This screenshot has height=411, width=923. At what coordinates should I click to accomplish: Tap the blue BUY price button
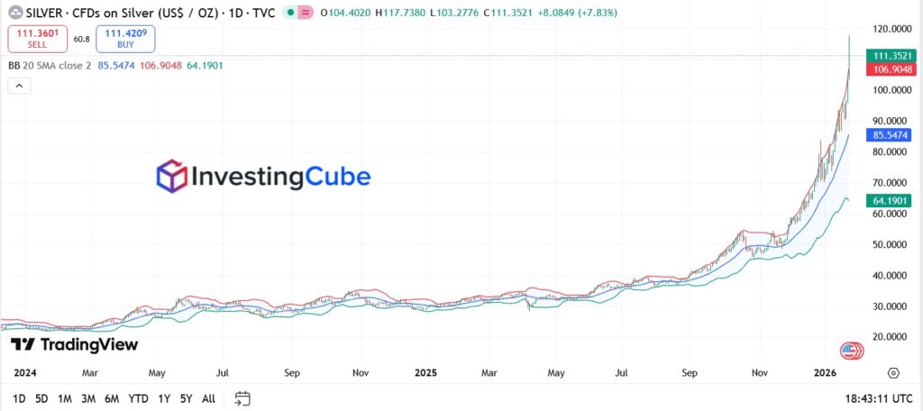click(126, 39)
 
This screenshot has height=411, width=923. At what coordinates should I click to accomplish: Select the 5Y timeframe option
click(186, 398)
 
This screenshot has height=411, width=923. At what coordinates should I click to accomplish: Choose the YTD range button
click(138, 398)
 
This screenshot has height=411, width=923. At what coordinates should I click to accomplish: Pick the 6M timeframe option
click(112, 398)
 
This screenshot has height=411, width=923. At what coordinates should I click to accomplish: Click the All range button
click(208, 398)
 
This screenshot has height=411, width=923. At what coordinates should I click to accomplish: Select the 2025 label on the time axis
click(428, 371)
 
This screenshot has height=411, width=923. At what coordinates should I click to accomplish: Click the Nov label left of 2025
click(361, 371)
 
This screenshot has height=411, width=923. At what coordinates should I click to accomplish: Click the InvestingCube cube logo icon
click(171, 176)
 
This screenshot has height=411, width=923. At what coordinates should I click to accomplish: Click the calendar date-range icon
click(242, 398)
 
